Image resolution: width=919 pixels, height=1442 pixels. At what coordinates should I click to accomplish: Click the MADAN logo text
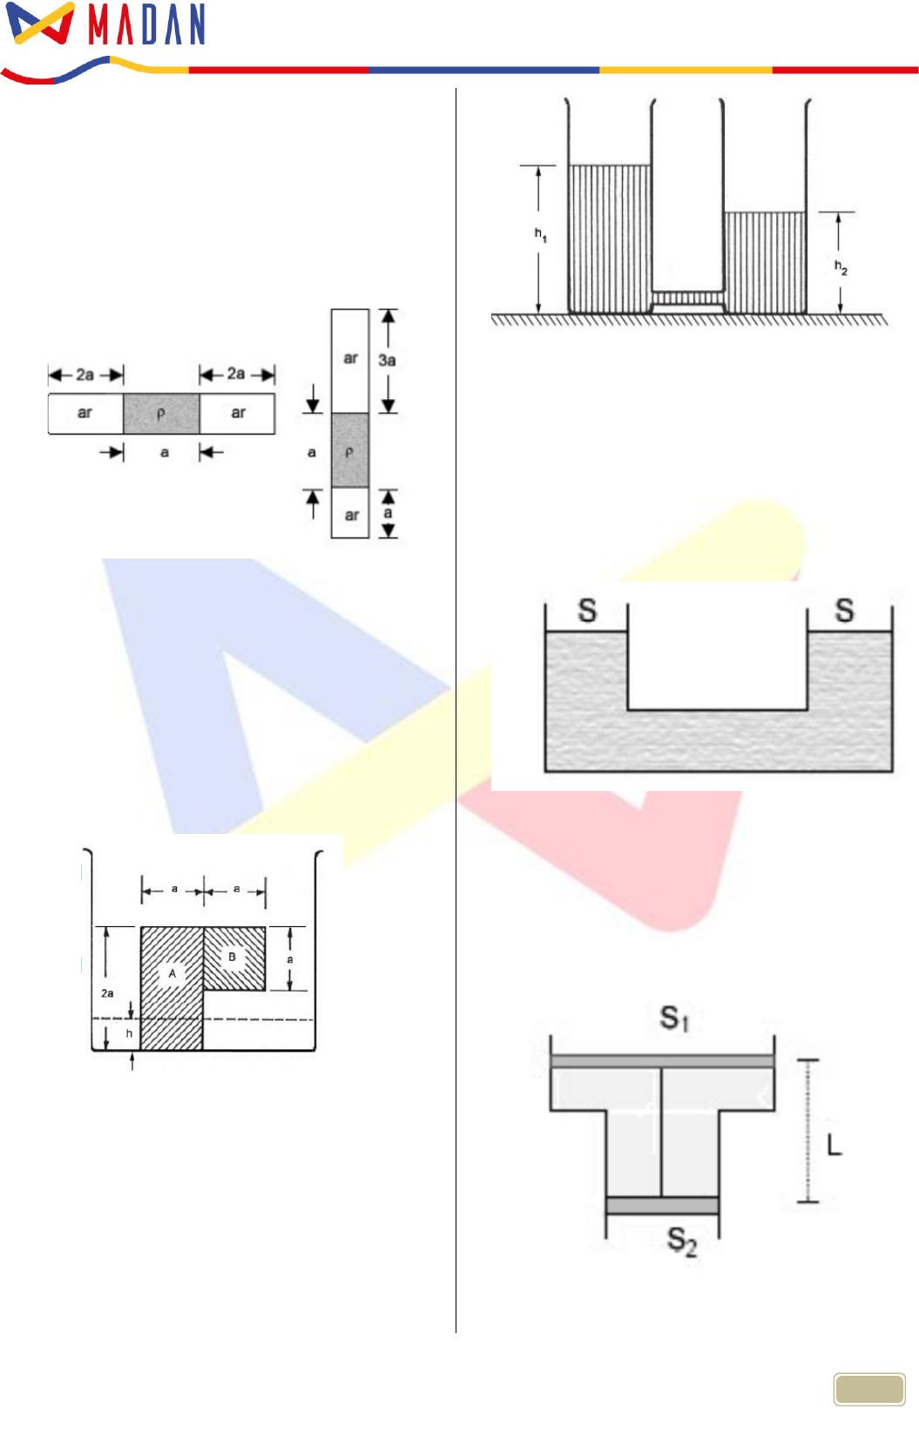tap(146, 24)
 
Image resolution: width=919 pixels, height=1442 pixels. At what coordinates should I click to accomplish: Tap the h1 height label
tap(541, 235)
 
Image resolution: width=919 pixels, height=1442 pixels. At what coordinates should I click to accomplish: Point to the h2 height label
tap(841, 267)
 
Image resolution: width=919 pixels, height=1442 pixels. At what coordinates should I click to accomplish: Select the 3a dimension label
tap(387, 361)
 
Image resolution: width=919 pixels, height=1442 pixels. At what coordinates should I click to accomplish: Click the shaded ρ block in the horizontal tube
tap(161, 414)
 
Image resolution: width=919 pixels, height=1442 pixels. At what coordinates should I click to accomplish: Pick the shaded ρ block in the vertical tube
tap(350, 450)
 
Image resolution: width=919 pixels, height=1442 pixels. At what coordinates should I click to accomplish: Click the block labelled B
tap(234, 958)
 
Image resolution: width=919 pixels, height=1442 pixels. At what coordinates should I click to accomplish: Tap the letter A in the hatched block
tap(172, 973)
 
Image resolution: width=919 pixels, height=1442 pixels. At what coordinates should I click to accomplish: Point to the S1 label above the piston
tap(674, 1019)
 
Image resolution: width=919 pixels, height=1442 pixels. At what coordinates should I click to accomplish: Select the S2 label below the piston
tap(681, 1241)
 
